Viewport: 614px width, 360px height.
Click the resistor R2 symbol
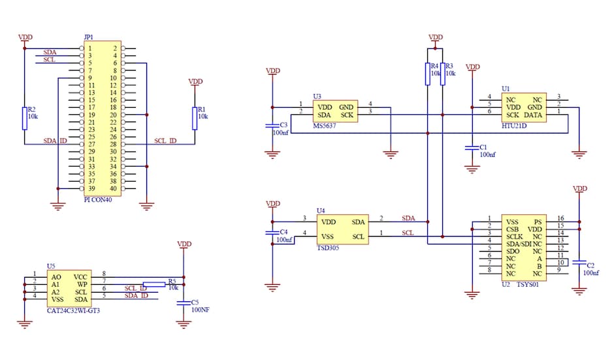click(25, 118)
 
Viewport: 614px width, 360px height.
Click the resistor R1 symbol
click(195, 118)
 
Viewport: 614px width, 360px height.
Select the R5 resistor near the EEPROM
click(155, 284)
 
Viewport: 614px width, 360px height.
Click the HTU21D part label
click(515, 125)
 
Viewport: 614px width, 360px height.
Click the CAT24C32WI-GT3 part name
click(73, 312)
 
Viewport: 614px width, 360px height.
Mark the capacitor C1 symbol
click(472, 148)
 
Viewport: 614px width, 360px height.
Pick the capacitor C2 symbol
click(579, 263)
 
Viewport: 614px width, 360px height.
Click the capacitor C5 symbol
click(184, 302)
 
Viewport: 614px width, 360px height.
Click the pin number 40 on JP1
click(113, 189)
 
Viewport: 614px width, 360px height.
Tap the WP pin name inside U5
click(81, 285)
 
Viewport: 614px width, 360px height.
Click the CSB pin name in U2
click(513, 229)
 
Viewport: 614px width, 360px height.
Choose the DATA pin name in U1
click(533, 114)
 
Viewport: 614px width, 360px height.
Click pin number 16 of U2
click(560, 218)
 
